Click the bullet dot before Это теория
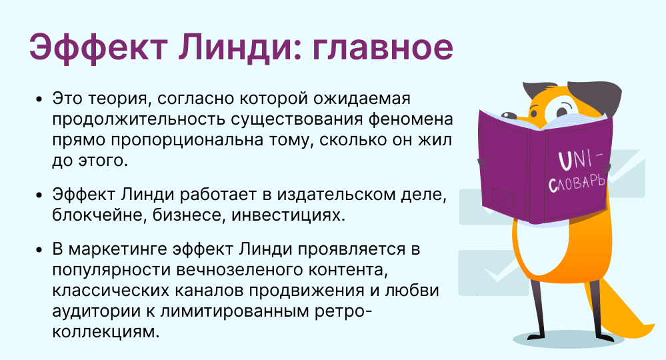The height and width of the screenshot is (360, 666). tap(39, 99)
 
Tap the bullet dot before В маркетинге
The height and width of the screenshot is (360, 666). tap(39, 251)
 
